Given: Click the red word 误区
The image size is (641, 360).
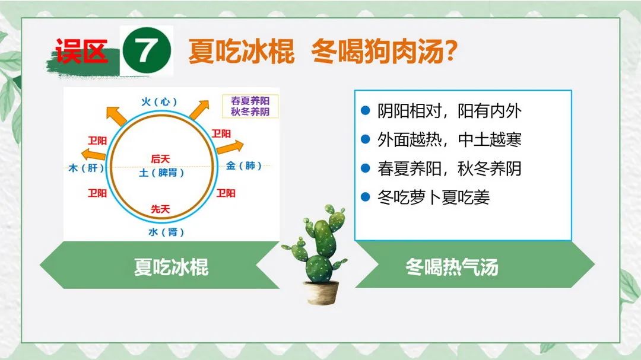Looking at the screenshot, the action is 81,51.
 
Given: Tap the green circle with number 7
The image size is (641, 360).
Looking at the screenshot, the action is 147,50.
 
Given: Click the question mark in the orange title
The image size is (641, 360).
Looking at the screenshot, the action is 450,50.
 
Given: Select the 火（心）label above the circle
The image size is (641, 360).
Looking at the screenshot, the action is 159,101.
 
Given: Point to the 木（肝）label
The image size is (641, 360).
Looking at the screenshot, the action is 86,167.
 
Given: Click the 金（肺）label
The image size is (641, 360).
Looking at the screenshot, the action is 244,165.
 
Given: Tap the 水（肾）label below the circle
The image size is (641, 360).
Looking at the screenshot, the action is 166,232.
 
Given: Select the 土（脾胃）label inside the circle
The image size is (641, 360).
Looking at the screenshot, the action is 161,173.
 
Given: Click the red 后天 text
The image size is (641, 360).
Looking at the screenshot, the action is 160,158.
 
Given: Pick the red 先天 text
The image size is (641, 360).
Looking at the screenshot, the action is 160,209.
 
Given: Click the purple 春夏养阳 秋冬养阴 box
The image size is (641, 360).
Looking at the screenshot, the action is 250,106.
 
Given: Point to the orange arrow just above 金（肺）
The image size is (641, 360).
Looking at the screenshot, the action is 230,147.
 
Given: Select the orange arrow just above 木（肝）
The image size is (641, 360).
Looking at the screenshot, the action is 93,154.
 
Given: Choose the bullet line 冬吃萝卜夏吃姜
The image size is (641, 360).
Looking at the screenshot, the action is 426,197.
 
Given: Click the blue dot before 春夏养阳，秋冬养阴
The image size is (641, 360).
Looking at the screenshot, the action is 366,168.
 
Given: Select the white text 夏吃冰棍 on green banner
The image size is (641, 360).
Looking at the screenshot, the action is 172,267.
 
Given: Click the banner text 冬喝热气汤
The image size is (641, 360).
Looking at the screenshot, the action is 452,267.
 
